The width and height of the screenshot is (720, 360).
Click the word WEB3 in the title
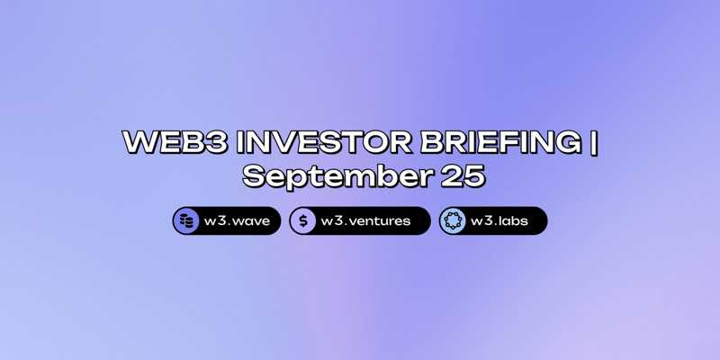pyautogui.click(x=172, y=143)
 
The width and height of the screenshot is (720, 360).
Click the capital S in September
pyautogui.click(x=256, y=176)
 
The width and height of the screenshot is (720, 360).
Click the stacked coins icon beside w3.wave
pyautogui.click(x=186, y=221)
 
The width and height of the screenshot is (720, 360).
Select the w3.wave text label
pyautogui.click(x=236, y=221)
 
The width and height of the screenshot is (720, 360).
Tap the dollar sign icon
pyautogui.click(x=303, y=221)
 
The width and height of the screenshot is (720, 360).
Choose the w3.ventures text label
pyautogui.click(x=366, y=221)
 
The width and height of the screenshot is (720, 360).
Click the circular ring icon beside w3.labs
pyautogui.click(x=453, y=221)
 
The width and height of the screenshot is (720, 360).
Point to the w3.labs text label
pyautogui.click(x=500, y=221)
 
